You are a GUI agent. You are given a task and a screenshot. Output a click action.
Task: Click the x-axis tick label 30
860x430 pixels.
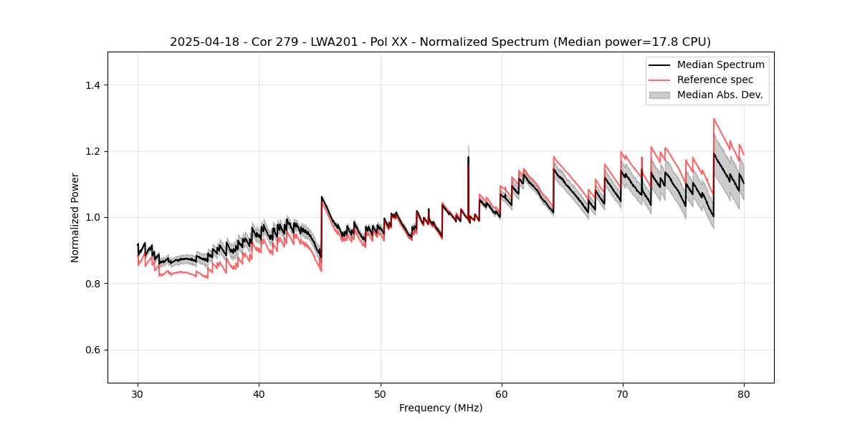coord(138,393)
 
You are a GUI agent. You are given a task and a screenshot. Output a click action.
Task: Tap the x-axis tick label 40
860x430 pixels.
coord(259,393)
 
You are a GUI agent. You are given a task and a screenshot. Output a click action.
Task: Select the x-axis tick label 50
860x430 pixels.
coord(380,393)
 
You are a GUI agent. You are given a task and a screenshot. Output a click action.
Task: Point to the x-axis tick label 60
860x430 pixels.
coord(501,393)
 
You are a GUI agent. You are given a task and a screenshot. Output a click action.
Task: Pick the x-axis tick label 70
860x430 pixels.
coord(622,393)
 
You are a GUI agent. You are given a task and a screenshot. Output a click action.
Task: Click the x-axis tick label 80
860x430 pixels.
coord(743,393)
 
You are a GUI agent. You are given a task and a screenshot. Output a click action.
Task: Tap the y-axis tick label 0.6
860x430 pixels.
coord(92,350)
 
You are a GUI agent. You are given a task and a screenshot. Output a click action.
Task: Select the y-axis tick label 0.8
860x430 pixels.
coord(92,284)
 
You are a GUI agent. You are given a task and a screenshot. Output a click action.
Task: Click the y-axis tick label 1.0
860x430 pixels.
coord(92,217)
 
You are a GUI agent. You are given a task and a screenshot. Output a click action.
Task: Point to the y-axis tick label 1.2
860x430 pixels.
coord(92,151)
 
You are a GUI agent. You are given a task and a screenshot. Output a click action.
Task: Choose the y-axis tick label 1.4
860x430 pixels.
coord(92,85)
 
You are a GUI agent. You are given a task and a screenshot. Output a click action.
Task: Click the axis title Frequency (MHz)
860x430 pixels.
coord(441,408)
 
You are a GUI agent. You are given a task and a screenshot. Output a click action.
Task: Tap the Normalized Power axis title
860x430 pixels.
coord(75,217)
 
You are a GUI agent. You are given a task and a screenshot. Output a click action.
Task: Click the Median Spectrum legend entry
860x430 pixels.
coord(720,64)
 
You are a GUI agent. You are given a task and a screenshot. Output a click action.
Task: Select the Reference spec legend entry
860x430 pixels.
coord(715,80)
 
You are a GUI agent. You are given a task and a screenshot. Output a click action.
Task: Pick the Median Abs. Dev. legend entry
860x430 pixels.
coord(720,95)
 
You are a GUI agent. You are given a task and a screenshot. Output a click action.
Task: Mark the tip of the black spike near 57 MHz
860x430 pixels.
coord(468,157)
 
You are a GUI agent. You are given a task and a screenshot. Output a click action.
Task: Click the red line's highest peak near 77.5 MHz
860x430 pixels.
coord(714,119)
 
